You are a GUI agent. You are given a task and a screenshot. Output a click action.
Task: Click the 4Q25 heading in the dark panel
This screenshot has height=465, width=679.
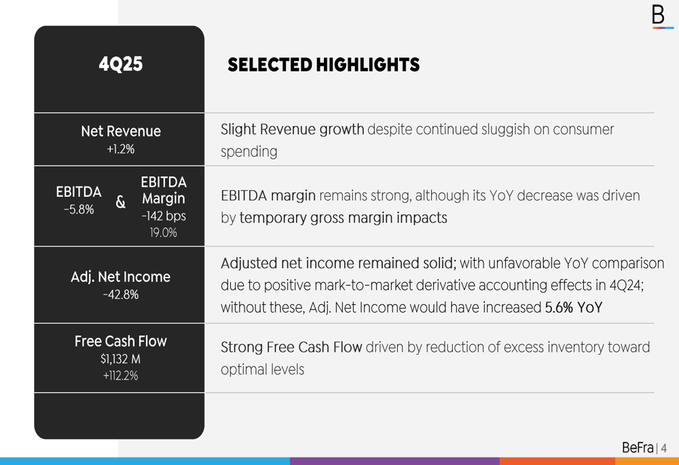point(121,64)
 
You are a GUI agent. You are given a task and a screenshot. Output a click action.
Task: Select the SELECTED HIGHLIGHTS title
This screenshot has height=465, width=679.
point(323,65)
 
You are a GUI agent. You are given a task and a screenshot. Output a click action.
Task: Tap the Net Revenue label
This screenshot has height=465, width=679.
point(121,131)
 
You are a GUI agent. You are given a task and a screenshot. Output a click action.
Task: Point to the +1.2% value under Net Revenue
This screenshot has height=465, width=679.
point(121,149)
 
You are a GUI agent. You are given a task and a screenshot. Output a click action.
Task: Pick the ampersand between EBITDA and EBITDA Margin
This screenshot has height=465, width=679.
point(121,202)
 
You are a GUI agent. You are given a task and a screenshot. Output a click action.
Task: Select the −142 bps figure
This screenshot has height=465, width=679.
point(164,217)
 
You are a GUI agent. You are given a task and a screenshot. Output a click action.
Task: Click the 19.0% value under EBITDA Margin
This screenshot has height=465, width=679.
point(164,233)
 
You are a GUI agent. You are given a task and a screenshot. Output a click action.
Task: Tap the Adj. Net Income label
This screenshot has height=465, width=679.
point(121,277)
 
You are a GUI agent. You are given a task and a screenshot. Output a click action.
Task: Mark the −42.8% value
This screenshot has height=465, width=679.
point(121,295)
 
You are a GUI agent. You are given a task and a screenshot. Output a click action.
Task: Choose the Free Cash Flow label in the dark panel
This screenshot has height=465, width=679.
point(121,341)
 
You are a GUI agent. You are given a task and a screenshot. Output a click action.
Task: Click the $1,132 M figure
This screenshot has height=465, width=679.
point(121,359)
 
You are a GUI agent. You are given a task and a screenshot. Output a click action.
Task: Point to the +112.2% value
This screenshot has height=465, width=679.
point(121,375)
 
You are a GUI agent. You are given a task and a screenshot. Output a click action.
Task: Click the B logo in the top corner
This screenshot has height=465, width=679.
point(658,15)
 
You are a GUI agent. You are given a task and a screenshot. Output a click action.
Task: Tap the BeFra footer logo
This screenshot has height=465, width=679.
point(638,448)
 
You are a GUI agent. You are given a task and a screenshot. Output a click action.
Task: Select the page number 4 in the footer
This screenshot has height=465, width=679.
point(664,449)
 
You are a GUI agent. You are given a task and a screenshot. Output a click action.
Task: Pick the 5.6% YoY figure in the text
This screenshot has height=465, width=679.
point(574,308)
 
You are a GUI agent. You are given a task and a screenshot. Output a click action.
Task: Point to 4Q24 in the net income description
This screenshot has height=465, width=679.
point(625,285)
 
